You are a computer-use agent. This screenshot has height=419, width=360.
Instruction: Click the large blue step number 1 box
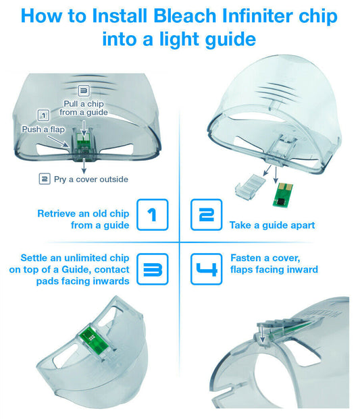click(x=153, y=215)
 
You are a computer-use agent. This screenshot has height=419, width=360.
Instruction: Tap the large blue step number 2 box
click(x=206, y=215)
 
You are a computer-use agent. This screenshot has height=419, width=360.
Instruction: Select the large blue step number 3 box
click(x=153, y=269)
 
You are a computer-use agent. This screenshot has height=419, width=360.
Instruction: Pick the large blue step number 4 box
click(x=206, y=269)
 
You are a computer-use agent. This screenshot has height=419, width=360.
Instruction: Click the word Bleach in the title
click(x=185, y=16)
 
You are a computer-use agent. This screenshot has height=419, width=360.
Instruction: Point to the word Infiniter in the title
click(x=257, y=16)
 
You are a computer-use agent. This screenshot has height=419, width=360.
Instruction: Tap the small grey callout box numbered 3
click(x=84, y=91)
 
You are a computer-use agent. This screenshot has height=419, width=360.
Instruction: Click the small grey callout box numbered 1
click(x=43, y=115)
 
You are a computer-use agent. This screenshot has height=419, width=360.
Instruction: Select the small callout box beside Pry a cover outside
click(x=45, y=179)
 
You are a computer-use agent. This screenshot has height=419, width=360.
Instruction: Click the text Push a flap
click(x=43, y=130)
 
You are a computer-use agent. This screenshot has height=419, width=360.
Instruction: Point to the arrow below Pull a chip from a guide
click(x=84, y=128)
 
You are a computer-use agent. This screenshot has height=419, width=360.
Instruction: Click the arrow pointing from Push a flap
click(x=58, y=141)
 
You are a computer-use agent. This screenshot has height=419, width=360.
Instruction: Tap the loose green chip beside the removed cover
click(x=282, y=195)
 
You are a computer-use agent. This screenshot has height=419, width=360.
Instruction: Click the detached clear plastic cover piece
click(x=250, y=186)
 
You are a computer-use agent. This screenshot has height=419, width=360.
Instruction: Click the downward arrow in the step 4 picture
click(x=263, y=333)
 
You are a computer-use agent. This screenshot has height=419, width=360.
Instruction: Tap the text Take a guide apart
click(x=272, y=225)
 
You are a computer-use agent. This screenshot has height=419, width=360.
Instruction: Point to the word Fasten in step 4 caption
click(x=246, y=258)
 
